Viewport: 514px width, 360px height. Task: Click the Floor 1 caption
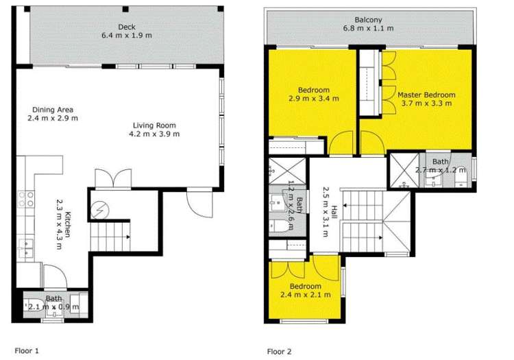click(27, 350)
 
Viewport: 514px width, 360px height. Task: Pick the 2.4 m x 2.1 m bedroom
click(305, 295)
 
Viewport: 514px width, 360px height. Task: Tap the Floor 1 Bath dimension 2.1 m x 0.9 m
click(53, 307)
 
